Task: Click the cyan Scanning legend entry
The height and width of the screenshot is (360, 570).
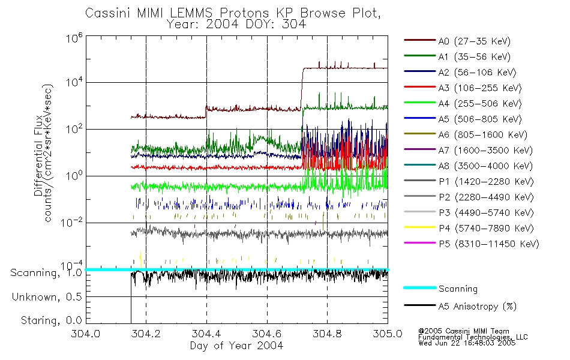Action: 458,289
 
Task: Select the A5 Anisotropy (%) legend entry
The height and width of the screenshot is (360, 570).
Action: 477,307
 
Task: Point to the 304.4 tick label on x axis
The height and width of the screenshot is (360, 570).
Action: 206,334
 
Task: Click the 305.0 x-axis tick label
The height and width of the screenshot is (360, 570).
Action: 388,334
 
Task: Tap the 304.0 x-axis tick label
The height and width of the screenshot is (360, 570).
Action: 86,334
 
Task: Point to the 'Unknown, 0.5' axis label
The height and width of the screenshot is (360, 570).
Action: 46,297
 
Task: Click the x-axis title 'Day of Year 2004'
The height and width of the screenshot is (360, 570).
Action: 236,346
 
